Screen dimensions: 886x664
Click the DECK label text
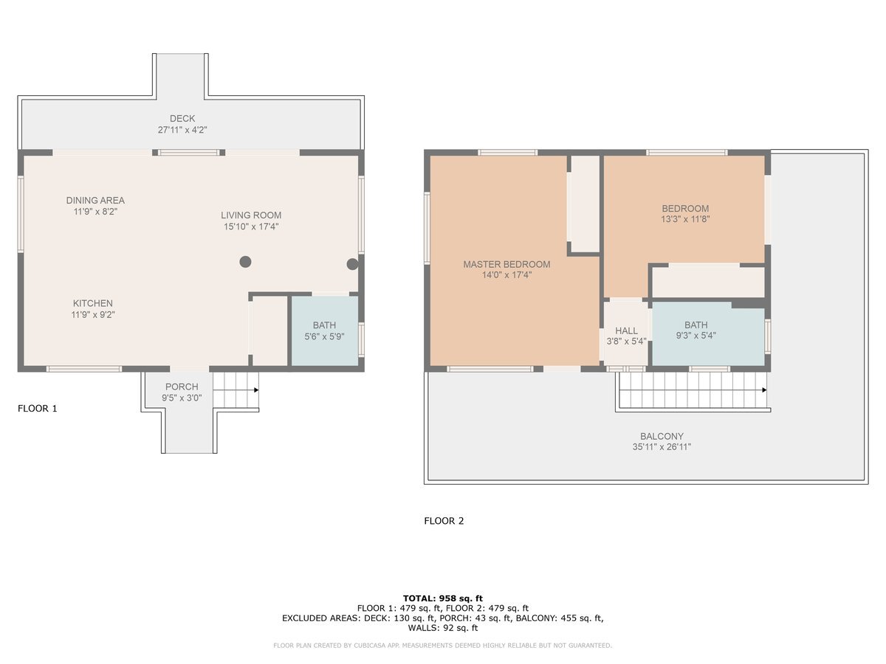pos(182,119)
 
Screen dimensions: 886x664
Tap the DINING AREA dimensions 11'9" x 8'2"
pos(95,212)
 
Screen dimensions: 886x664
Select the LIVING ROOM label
pos(251,215)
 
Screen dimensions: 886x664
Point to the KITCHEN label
pos(93,303)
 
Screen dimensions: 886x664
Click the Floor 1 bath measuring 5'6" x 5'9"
pos(325,331)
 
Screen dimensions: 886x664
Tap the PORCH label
pos(182,387)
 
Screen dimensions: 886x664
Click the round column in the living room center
pos(245,262)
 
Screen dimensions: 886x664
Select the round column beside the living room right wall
pos(352,264)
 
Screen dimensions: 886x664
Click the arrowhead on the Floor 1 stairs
pos(256,390)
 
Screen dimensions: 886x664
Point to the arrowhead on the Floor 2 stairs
pos(764,390)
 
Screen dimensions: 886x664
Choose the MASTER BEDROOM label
pos(506,264)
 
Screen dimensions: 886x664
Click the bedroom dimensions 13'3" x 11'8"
pos(685,219)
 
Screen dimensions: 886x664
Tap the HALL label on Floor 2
pos(626,331)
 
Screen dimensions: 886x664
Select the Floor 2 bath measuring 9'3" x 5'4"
pos(708,333)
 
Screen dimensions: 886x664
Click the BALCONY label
pos(662,436)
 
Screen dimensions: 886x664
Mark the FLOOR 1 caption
pos(38,409)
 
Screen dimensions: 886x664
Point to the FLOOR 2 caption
pos(444,521)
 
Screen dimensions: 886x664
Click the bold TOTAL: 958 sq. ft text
pos(443,598)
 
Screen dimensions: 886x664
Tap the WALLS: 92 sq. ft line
pos(443,628)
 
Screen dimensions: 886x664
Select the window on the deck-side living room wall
pos(188,153)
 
